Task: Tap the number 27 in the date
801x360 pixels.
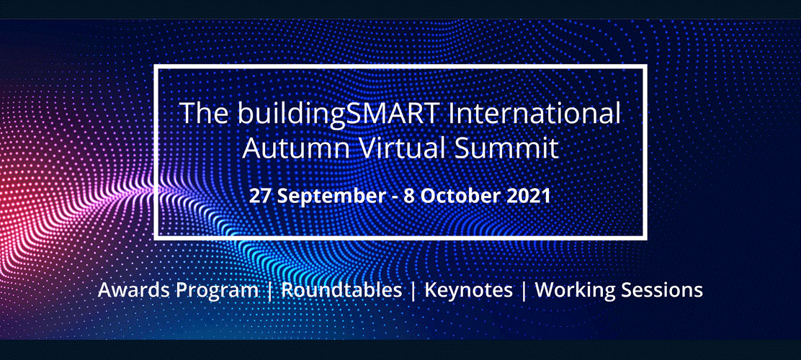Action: coord(259,197)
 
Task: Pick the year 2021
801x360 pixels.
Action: coord(529,197)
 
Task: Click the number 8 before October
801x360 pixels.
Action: coord(408,197)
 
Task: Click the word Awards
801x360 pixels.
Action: coord(135,290)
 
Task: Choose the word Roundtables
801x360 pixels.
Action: coord(341,289)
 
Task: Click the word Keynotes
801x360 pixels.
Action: coord(468,291)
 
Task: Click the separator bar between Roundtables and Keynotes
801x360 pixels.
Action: coord(413,291)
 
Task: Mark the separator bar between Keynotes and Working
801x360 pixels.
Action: coord(524,291)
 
